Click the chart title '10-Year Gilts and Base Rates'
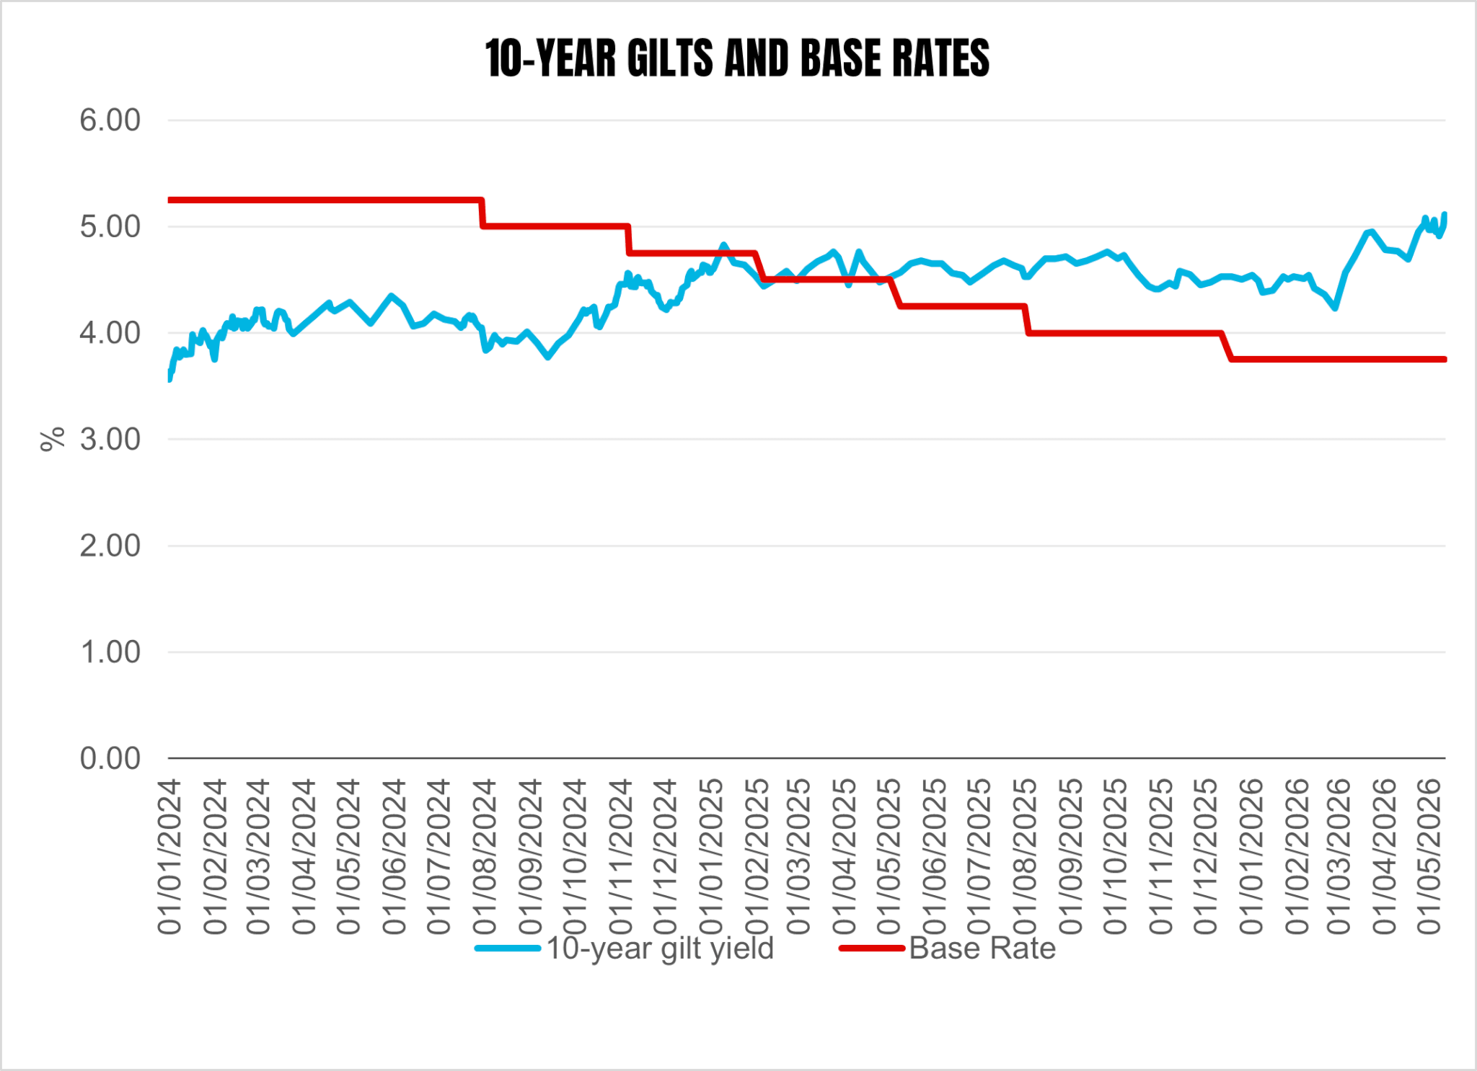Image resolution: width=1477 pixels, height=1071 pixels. click(737, 58)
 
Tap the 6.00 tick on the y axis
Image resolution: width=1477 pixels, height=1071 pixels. click(110, 120)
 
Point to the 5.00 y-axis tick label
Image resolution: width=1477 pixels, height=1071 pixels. click(110, 227)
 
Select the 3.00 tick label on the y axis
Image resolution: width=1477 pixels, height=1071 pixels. click(110, 440)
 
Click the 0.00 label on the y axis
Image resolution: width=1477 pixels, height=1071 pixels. click(110, 759)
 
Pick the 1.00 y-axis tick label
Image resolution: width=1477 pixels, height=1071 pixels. click(110, 652)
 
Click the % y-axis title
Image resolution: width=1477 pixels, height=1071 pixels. click(53, 440)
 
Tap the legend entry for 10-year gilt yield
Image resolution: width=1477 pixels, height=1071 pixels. click(625, 948)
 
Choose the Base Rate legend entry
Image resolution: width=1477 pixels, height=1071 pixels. click(948, 948)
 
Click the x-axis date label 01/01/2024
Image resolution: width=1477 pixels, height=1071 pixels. click(169, 857)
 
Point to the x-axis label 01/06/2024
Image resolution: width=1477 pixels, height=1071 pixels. click(394, 857)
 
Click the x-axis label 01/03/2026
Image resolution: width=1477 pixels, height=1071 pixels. click(1339, 857)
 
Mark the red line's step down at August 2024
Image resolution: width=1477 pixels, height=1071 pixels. click(482, 213)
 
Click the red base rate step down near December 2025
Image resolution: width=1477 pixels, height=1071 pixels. click(1227, 346)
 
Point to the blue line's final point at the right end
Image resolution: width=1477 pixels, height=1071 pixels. click(1445, 214)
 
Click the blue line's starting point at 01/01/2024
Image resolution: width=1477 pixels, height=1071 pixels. click(169, 378)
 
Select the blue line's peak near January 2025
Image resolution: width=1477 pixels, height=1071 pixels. click(724, 245)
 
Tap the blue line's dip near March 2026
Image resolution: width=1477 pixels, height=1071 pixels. click(1336, 308)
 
